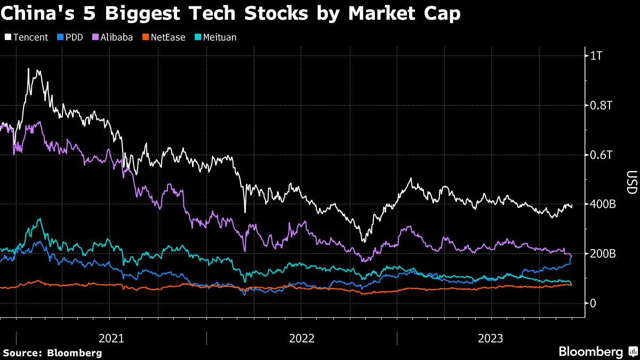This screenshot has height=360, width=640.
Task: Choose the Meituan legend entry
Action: [x=217, y=37]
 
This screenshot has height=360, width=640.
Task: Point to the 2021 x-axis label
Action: [x=111, y=338]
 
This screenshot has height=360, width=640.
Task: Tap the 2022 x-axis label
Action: [x=302, y=338]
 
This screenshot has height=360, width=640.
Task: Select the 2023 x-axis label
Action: [x=492, y=338]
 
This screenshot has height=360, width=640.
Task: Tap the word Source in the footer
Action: [x=23, y=353]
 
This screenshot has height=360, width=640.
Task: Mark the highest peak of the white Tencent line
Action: [x=28, y=69]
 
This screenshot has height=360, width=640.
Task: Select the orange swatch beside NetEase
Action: [x=144, y=37]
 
